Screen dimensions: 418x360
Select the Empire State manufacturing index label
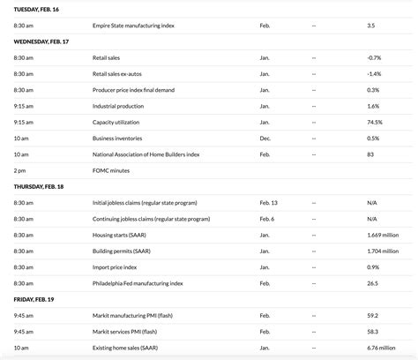133,25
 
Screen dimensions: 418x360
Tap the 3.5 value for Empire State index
371,25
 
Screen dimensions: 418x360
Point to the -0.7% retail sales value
374,57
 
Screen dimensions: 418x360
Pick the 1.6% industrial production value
373,106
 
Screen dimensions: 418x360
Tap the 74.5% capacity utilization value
375,122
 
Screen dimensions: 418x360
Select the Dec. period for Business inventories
265,138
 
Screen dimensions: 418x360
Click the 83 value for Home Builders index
370,154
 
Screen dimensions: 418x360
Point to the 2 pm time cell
19,169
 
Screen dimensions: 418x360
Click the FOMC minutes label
110,169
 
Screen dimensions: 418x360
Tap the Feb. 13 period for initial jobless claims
268,203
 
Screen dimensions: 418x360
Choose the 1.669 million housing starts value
384,235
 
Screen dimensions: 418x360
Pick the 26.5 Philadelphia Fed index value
372,283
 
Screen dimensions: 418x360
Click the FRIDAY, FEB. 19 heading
32,300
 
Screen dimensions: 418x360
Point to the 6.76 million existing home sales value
383,348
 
